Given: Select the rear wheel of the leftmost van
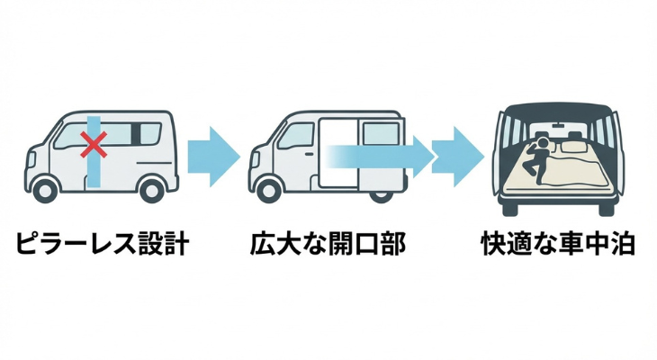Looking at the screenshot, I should [152, 189].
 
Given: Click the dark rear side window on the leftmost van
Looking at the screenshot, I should [137, 134].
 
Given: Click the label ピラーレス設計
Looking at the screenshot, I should [102, 245].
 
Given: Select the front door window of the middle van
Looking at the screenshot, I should [298, 135].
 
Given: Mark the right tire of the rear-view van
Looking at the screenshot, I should [607, 205].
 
